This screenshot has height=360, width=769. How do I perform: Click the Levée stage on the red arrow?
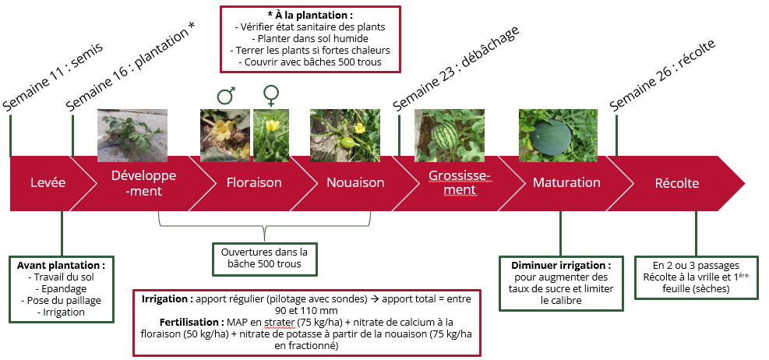coord(48,183)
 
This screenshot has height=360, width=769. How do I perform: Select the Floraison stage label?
coord(253,183)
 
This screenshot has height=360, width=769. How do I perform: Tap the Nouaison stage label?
coord(355,183)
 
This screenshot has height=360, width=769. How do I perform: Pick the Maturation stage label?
coord(566,183)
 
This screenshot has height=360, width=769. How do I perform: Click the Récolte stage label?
coord(676,183)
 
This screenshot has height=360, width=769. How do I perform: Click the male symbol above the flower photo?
coord(226,96)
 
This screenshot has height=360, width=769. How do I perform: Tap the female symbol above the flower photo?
coord(271,95)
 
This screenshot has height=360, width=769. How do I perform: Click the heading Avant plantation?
coord(61,265)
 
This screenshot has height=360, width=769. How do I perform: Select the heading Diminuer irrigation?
coord(560,265)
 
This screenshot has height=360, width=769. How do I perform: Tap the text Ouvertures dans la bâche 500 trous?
coord(264,258)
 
